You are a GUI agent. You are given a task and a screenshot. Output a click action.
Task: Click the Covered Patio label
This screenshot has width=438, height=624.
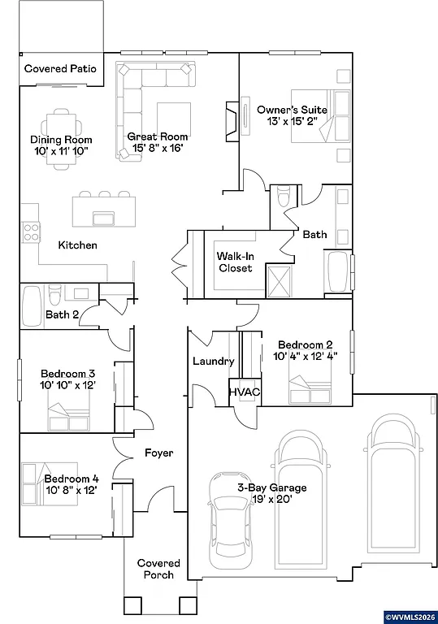60,69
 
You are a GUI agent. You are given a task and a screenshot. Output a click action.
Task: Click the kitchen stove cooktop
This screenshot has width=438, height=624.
31,233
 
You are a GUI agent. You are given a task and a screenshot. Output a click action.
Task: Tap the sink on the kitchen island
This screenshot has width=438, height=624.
103,218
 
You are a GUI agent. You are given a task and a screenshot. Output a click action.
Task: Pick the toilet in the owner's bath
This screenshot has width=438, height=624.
283,197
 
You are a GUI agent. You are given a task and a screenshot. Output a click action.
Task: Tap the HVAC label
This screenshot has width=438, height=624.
244,392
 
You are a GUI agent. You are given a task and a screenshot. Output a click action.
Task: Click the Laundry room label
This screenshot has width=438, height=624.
214,362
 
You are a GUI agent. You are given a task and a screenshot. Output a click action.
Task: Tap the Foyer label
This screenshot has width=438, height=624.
158,453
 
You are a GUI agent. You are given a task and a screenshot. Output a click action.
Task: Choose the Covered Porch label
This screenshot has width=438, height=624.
158,569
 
